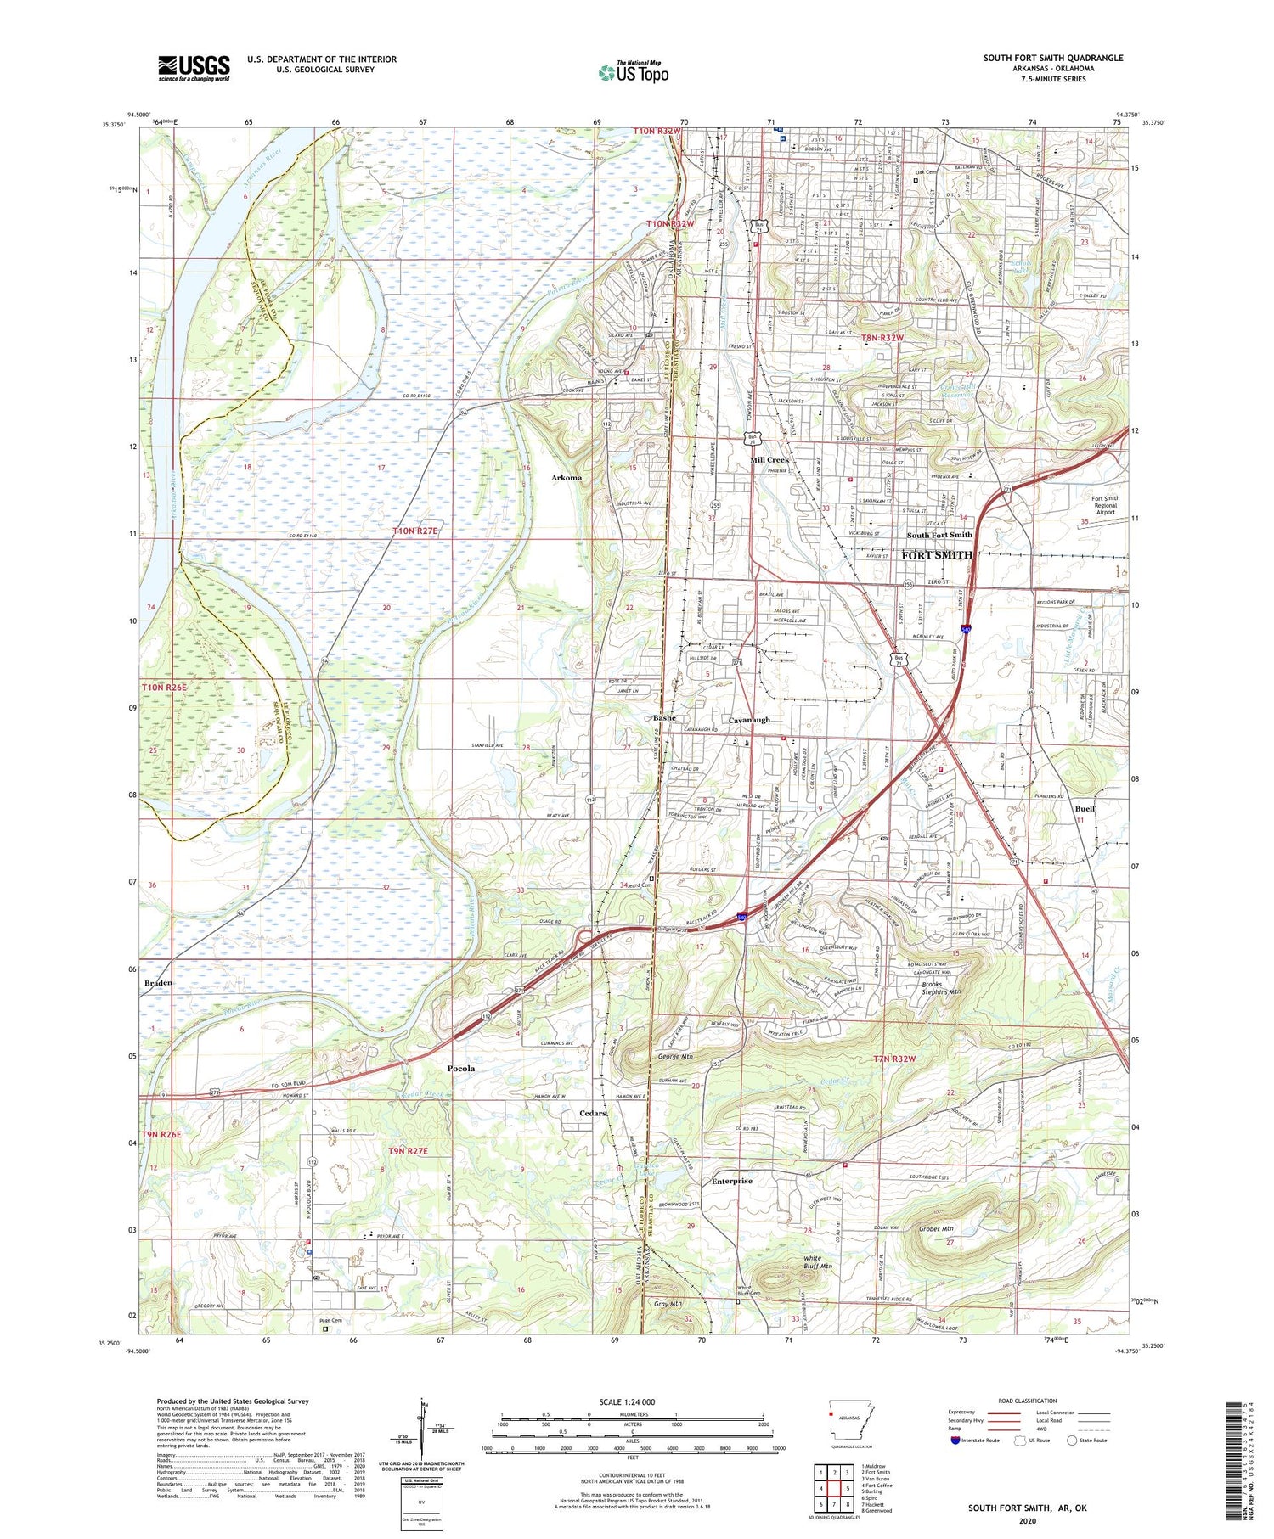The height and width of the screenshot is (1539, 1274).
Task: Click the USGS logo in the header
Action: tap(194, 68)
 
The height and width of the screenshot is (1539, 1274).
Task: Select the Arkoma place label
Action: tap(567, 478)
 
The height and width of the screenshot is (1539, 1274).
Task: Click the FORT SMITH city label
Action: tap(936, 555)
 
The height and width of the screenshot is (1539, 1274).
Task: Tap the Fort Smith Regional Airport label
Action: tap(1105, 505)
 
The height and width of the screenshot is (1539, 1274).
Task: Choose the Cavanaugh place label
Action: tap(749, 720)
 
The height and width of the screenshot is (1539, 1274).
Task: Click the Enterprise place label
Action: tap(731, 1181)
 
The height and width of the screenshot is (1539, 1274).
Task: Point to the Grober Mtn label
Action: tap(937, 1228)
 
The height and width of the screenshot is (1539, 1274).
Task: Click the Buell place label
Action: tap(1084, 809)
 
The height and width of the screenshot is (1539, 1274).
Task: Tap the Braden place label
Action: tap(158, 983)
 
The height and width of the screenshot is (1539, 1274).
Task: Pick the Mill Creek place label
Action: tap(769, 460)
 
